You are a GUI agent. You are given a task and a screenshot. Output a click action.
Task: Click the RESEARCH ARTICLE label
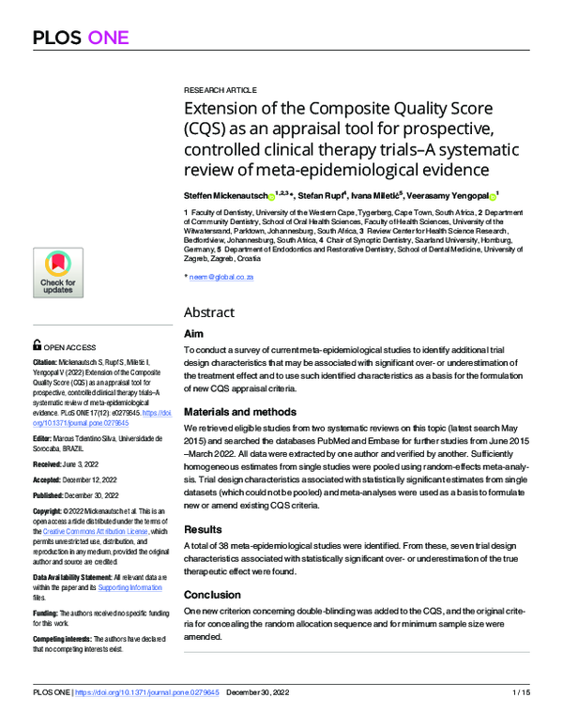click(220, 89)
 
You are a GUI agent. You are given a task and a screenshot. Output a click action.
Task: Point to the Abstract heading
click(209, 311)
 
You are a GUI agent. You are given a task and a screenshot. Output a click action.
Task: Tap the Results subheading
click(205, 529)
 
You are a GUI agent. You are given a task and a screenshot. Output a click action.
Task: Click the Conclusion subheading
click(213, 595)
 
